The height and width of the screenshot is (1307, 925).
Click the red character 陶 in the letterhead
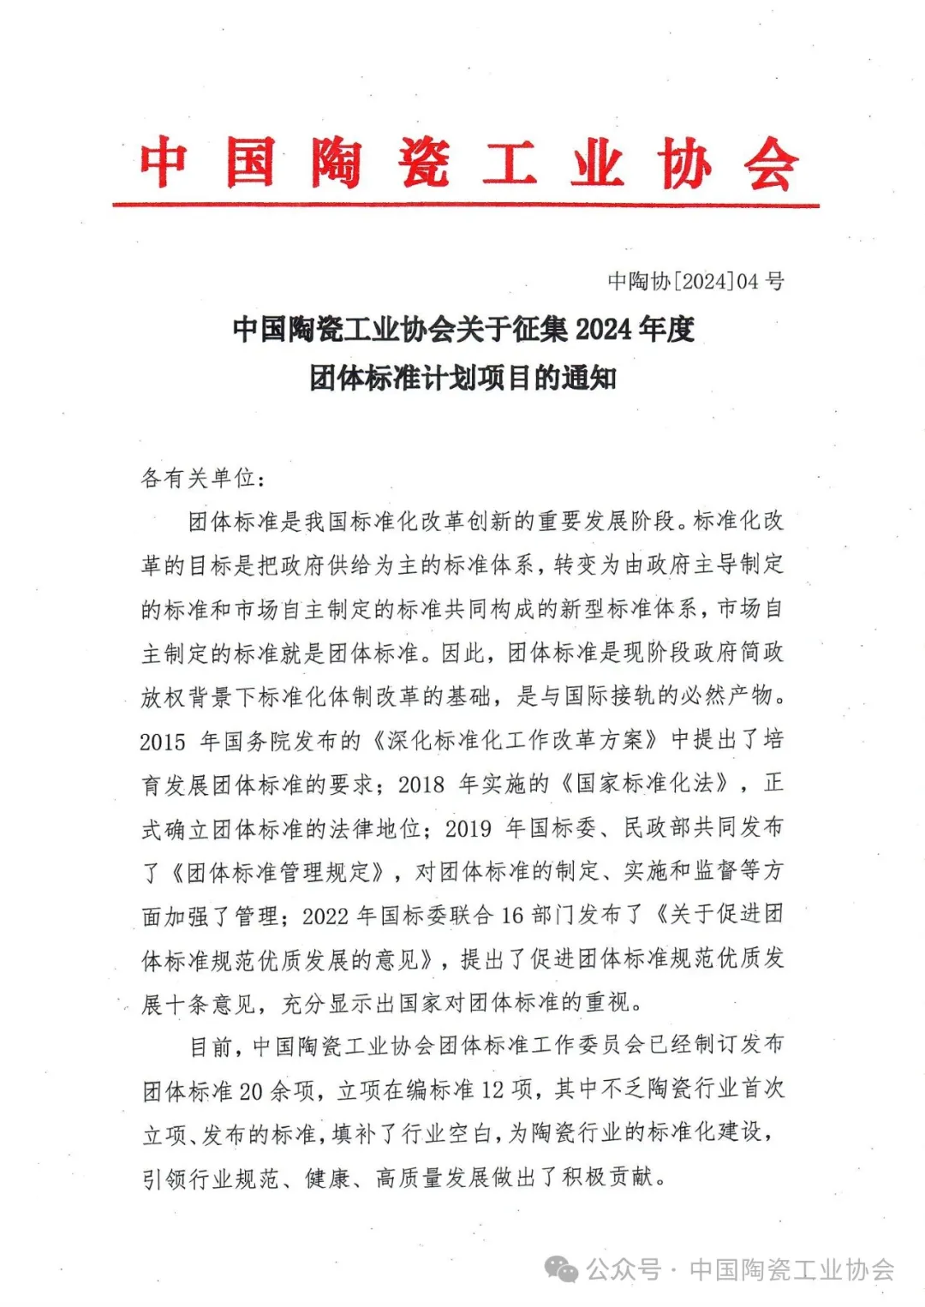[x=336, y=163]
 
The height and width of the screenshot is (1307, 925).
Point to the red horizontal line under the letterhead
[x=465, y=206]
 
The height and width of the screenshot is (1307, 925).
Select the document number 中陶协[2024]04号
[x=695, y=281]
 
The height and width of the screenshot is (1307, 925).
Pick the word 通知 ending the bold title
[x=589, y=378]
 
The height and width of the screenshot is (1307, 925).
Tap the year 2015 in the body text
[x=163, y=742]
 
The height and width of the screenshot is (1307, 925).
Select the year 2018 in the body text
[x=421, y=785]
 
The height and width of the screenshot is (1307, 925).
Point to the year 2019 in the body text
[x=468, y=828]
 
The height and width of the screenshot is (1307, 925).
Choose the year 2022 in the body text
[x=325, y=916]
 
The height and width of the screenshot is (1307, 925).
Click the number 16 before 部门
[x=512, y=916]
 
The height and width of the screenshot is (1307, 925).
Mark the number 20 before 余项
[x=251, y=1091]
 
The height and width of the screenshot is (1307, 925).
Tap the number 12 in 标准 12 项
[x=492, y=1090]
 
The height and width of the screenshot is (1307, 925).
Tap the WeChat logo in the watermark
[x=562, y=1269]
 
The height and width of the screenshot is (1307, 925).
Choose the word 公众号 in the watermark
[x=624, y=1269]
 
